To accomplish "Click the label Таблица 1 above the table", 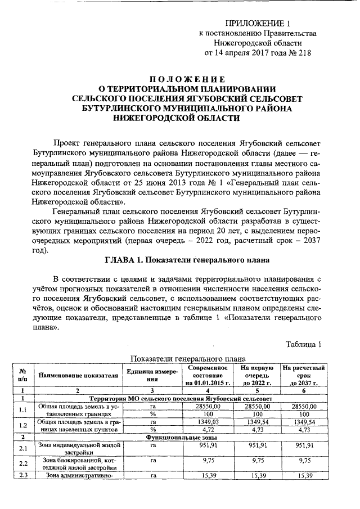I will (x=303, y=344).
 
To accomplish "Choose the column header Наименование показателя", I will (x=78, y=375).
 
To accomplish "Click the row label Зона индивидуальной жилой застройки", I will (x=78, y=448).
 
